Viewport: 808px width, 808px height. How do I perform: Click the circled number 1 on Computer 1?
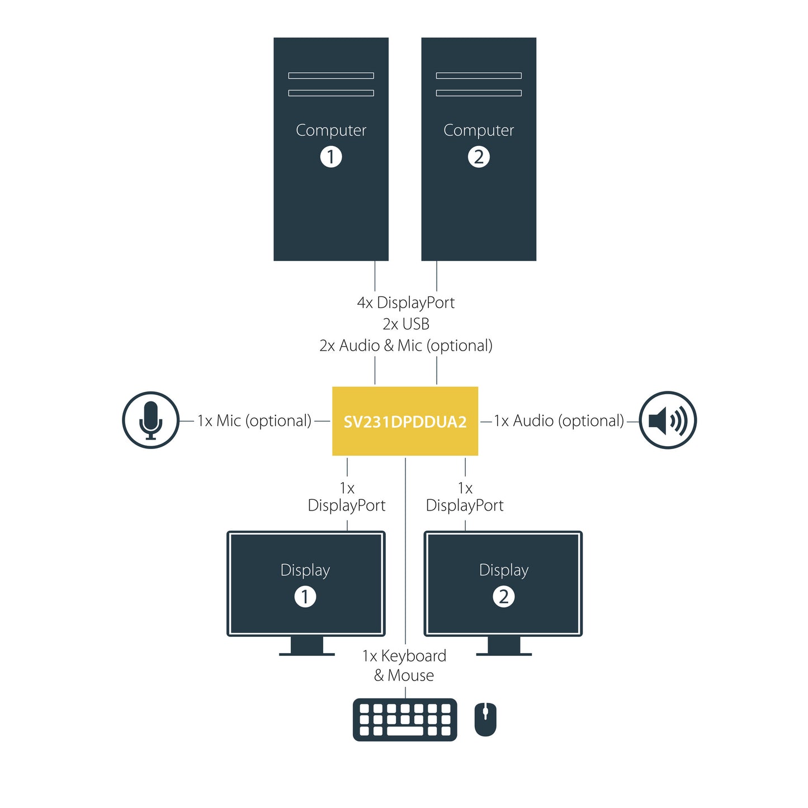click(x=331, y=157)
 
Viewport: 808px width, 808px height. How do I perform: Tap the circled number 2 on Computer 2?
click(x=479, y=157)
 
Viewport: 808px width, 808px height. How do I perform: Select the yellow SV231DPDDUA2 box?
click(x=405, y=421)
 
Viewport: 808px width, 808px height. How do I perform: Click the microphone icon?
click(x=151, y=420)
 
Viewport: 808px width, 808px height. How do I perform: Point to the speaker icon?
click(x=667, y=420)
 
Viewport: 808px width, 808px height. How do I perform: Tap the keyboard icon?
click(x=405, y=720)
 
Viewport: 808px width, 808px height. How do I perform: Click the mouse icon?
click(x=485, y=719)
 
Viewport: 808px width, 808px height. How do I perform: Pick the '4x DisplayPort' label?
click(x=405, y=303)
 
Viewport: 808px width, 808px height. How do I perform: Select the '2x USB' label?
click(x=405, y=324)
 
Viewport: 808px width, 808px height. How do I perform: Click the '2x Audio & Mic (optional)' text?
click(x=405, y=346)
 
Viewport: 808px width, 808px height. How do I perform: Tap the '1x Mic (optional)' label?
click(x=254, y=420)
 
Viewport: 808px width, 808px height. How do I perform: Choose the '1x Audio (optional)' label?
click(x=559, y=420)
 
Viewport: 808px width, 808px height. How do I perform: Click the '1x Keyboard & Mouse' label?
click(x=404, y=665)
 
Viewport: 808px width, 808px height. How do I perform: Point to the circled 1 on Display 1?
click(x=305, y=597)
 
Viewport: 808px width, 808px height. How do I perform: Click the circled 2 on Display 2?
click(x=504, y=597)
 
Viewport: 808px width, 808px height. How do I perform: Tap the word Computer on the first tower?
click(x=331, y=130)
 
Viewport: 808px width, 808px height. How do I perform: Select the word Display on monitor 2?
click(x=504, y=570)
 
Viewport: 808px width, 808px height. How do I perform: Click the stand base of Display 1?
click(x=307, y=654)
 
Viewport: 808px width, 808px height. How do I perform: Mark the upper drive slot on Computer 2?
click(x=479, y=75)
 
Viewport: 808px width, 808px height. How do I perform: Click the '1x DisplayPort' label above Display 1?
click(x=347, y=497)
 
